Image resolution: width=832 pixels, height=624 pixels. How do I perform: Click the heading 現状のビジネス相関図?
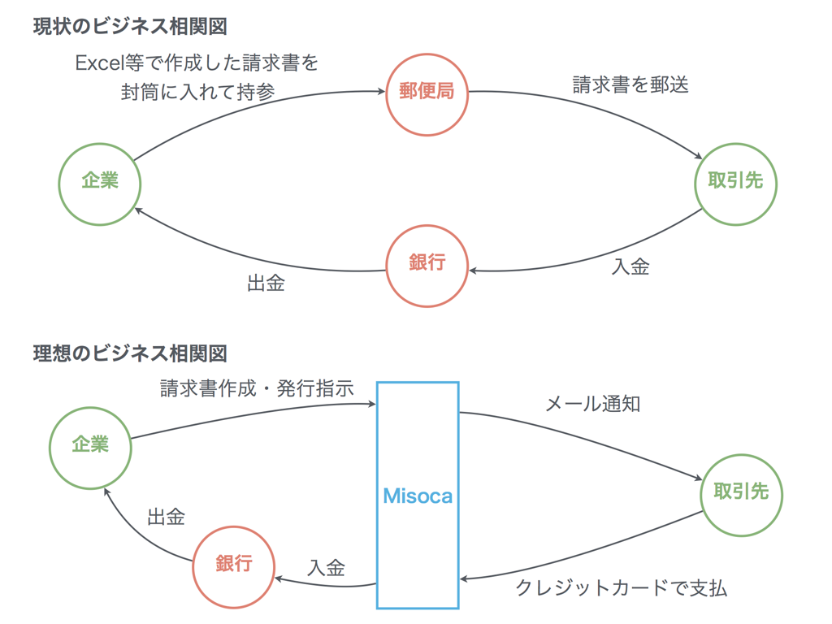(129, 26)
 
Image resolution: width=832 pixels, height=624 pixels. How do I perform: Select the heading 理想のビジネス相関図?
(129, 353)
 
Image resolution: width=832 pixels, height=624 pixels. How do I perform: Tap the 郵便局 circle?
(427, 92)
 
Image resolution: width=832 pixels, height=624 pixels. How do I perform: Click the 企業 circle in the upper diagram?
(100, 182)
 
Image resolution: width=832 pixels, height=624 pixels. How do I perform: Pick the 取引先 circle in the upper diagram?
(735, 182)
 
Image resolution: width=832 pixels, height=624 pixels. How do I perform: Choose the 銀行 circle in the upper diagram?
(427, 265)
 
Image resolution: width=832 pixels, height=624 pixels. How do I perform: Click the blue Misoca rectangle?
(418, 495)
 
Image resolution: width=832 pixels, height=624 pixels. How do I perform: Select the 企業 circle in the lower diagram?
(90, 445)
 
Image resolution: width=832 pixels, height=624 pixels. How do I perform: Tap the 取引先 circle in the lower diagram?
(741, 493)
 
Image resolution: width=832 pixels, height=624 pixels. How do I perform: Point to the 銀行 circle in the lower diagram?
(233, 566)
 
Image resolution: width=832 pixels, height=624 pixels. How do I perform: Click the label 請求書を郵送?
(630, 84)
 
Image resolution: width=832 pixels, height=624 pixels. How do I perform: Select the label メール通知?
(592, 404)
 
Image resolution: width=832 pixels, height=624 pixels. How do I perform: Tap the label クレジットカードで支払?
(622, 588)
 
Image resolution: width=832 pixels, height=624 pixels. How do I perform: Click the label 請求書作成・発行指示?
(257, 388)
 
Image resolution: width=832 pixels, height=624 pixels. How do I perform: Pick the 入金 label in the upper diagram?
(630, 266)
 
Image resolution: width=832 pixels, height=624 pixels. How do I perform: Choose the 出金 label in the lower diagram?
(166, 517)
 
